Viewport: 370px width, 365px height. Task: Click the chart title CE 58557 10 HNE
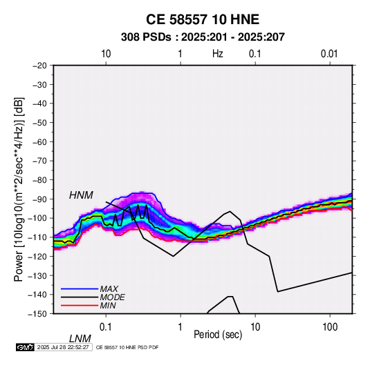coord(203,19)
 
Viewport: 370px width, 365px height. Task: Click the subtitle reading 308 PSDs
coord(146,37)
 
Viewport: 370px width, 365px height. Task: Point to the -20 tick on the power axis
coord(39,66)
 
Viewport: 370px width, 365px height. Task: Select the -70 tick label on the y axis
coord(39,161)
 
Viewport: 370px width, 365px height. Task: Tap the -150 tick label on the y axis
coord(37,314)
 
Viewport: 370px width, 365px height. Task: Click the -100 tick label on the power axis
coord(37,218)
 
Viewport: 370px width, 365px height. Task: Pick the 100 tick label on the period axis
coord(330,327)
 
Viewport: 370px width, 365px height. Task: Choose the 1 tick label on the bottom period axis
coord(181,327)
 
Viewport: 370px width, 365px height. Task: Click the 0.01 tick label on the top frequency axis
coord(329,54)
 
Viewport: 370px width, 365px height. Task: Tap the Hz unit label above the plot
coord(218,54)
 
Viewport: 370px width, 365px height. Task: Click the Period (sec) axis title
coord(218,335)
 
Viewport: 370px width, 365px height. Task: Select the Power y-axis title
coord(19,189)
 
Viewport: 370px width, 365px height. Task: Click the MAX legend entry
coord(109,289)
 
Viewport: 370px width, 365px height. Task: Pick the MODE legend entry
coord(112,297)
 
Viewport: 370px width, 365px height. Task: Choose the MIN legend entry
coord(108,306)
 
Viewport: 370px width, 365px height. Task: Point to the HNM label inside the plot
coord(81,195)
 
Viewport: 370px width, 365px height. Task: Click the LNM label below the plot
coord(80,339)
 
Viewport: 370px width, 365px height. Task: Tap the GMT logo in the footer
coord(26,347)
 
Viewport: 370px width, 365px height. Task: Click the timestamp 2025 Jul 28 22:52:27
coord(63,347)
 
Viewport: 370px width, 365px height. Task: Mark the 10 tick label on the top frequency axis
coord(106,54)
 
